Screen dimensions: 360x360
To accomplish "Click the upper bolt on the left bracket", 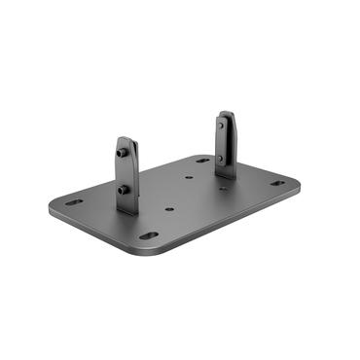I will point(122,153).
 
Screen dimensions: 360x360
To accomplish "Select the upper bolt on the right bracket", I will point(221,126).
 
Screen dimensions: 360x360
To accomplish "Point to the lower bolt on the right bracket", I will point(221,159).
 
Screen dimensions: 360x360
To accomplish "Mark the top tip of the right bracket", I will point(226,113).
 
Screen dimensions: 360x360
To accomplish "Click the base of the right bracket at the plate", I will point(227,175).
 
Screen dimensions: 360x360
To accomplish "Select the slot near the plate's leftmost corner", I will point(74,203).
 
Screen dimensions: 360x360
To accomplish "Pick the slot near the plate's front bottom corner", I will point(148,234).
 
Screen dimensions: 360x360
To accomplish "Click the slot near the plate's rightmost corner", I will point(277,183).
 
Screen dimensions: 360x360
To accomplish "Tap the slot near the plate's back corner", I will point(202,160).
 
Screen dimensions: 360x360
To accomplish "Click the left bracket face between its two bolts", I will point(126,172).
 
